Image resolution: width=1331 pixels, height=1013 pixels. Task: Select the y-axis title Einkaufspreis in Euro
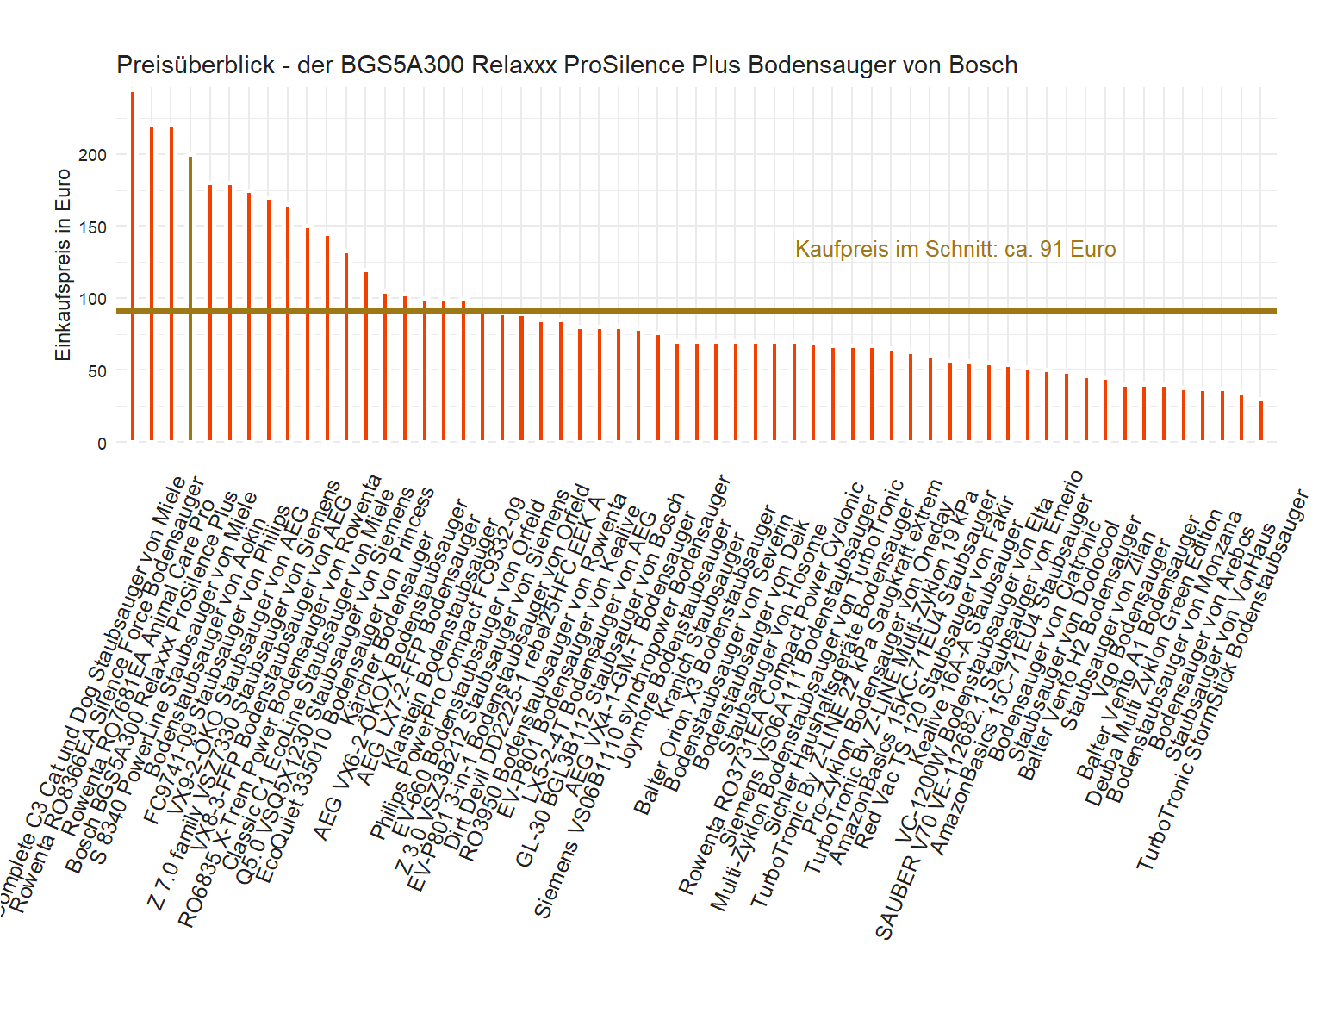point(63,265)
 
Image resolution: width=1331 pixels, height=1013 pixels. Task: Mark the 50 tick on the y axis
point(96,371)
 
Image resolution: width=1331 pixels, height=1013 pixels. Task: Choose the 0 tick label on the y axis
point(102,444)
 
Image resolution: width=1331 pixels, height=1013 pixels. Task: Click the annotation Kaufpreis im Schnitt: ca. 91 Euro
point(955,250)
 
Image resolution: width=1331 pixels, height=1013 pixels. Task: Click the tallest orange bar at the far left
point(132,267)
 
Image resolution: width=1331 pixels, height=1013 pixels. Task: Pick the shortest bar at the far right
point(1261,421)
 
